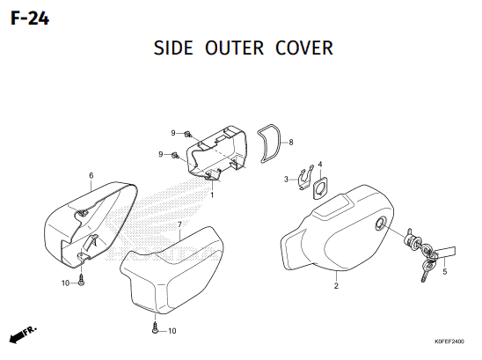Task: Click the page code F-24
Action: [30, 18]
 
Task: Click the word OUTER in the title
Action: [235, 48]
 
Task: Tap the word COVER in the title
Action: [304, 48]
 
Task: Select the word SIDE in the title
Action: [173, 48]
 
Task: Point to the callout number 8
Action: [291, 143]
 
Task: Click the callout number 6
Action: [91, 176]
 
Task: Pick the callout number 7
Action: [179, 225]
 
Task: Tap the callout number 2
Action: [336, 286]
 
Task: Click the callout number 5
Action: [444, 272]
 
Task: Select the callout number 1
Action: [212, 195]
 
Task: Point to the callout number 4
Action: [320, 165]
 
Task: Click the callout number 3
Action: [286, 179]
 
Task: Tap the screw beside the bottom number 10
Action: [155, 328]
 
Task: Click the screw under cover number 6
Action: [81, 280]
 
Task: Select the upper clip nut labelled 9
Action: [187, 134]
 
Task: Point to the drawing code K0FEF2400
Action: [449, 342]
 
